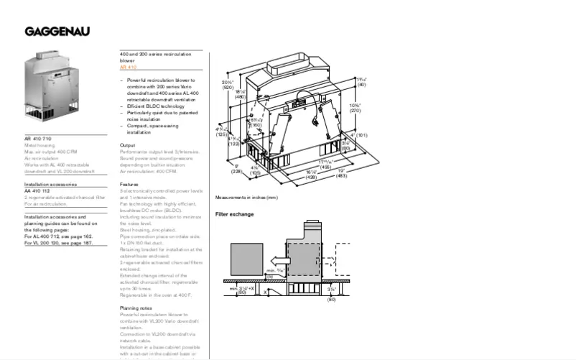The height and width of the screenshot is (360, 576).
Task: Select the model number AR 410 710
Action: (x=38, y=138)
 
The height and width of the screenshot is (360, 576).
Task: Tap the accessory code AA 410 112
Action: (x=38, y=191)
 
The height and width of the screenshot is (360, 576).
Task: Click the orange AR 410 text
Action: (x=128, y=67)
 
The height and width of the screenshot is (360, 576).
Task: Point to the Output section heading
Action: (x=127, y=145)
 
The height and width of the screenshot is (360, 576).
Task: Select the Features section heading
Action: (x=129, y=184)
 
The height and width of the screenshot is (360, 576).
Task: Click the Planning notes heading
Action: (x=135, y=308)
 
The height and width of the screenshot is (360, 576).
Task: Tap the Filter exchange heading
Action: (x=234, y=214)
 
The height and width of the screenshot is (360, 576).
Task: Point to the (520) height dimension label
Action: (x=228, y=87)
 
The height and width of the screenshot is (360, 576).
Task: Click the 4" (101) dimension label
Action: (x=358, y=134)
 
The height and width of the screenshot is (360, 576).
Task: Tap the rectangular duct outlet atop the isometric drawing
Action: (x=288, y=66)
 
